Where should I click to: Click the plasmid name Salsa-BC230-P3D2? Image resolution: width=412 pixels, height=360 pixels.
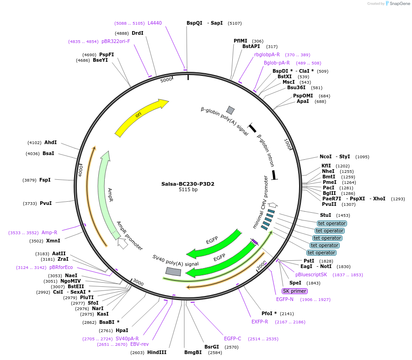coord(187,184)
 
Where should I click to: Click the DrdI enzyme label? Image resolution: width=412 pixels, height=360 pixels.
coord(137,33)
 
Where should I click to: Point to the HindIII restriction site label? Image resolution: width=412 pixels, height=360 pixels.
coord(157,352)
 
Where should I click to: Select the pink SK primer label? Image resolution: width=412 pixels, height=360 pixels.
coord(294,291)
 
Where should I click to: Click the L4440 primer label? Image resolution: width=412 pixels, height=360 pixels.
coord(155,23)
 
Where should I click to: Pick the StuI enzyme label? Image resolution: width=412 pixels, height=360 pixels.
coord(326,215)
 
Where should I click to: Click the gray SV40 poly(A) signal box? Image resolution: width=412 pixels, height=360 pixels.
coord(173,271)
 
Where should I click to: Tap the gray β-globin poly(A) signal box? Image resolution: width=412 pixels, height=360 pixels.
coord(230,110)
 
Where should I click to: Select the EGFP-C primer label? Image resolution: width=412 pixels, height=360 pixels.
coord(232,339)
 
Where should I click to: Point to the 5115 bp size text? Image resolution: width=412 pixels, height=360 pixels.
coord(188,189)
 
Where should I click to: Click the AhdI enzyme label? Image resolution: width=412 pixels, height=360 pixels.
coord(50,142)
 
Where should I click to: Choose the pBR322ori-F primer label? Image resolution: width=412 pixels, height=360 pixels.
coord(116,41)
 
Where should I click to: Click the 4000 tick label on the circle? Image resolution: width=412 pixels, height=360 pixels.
coord(80,171)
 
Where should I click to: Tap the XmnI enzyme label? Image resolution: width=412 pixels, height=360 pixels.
coord(53,241)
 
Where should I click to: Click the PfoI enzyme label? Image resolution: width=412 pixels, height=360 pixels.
coord(269,313)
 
